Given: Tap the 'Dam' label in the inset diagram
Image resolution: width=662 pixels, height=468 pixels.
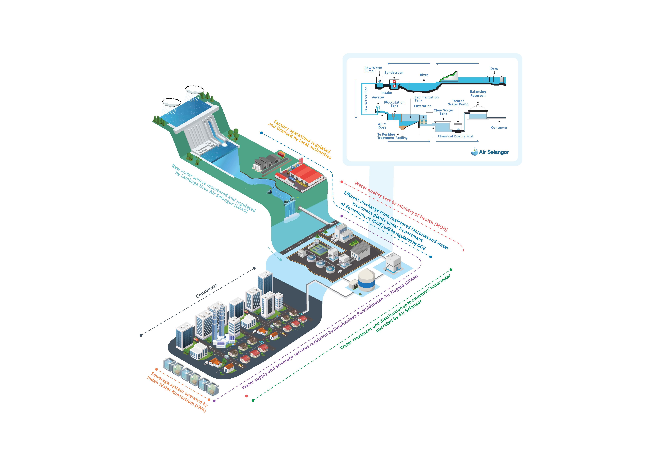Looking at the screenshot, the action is point(494,69).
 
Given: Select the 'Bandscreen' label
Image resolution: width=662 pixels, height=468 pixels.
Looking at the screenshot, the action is point(394,73).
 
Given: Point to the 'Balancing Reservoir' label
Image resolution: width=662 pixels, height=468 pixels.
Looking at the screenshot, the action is point(478,94).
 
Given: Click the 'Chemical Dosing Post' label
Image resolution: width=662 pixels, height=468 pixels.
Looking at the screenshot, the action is point(456,136).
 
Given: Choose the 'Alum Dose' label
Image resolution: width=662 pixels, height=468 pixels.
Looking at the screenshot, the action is point(382,126).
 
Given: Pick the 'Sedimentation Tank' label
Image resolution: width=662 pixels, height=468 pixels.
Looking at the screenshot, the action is point(426,99).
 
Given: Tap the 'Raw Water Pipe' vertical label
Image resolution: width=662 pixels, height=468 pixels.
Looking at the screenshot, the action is point(366,99).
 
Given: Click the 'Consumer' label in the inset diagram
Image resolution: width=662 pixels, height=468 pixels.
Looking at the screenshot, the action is point(499,128).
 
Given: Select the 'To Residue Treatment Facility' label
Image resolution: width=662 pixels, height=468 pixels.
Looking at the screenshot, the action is point(392,136).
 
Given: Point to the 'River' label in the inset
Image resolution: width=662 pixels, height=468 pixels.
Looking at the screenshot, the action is point(424,75).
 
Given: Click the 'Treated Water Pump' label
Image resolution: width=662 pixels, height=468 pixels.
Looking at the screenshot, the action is point(458,103).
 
